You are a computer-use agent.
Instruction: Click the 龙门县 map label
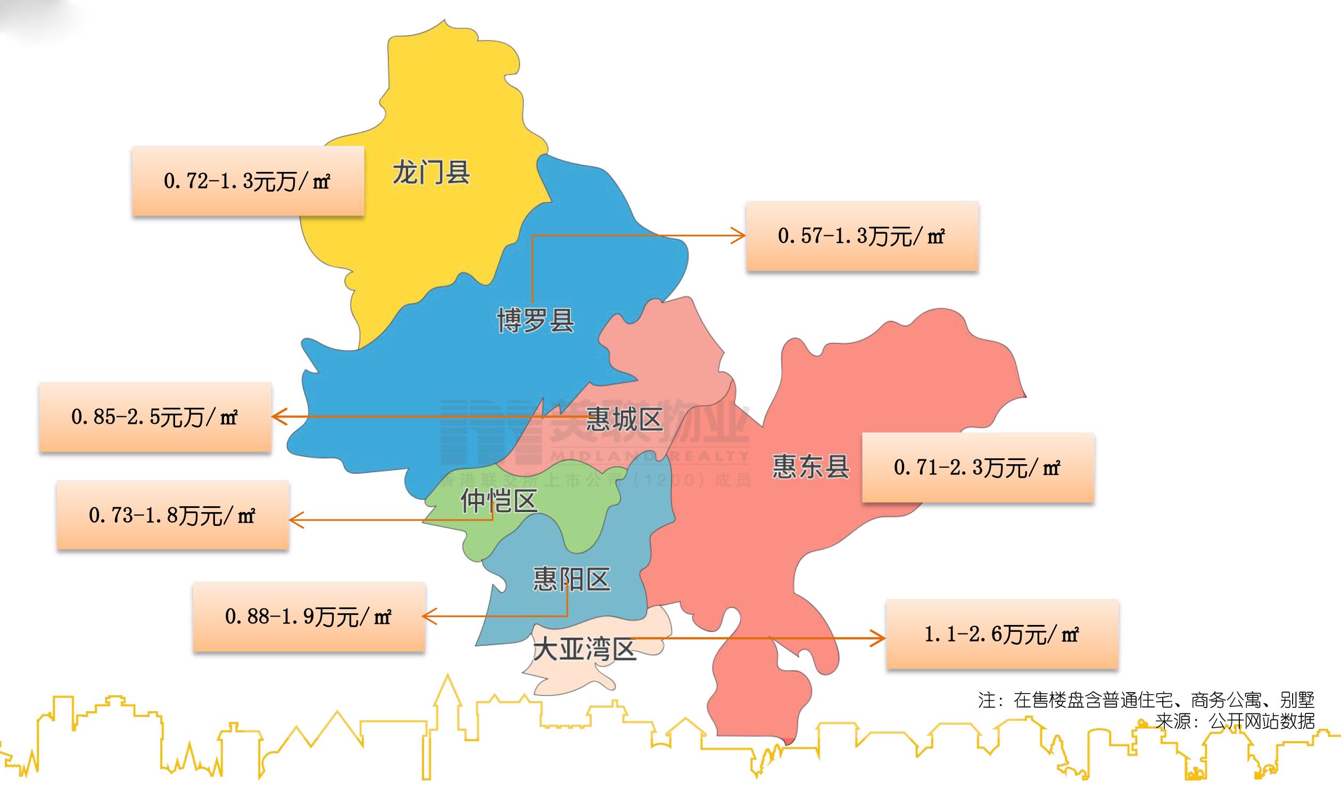click(431, 172)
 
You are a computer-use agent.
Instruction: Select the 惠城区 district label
click(624, 420)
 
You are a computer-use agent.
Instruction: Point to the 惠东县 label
click(810, 466)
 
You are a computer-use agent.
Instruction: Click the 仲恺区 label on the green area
click(499, 501)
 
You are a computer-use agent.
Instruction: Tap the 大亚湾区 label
click(584, 648)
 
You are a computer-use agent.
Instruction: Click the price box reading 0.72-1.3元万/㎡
click(247, 181)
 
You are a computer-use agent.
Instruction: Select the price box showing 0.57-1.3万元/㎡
click(862, 236)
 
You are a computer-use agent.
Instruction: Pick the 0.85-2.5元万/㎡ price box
click(155, 417)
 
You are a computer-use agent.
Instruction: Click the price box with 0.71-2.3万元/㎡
click(977, 467)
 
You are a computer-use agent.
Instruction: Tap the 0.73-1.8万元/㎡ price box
click(172, 515)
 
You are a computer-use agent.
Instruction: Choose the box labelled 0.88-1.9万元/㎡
click(309, 616)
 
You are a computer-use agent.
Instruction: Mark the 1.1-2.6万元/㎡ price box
click(1001, 634)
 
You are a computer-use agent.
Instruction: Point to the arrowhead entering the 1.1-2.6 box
click(880, 638)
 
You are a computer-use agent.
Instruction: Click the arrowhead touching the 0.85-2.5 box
click(278, 417)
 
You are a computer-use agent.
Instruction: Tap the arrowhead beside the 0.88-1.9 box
click(429, 616)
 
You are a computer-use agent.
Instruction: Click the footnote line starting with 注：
click(1146, 700)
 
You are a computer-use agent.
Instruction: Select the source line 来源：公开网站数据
click(1235, 721)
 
